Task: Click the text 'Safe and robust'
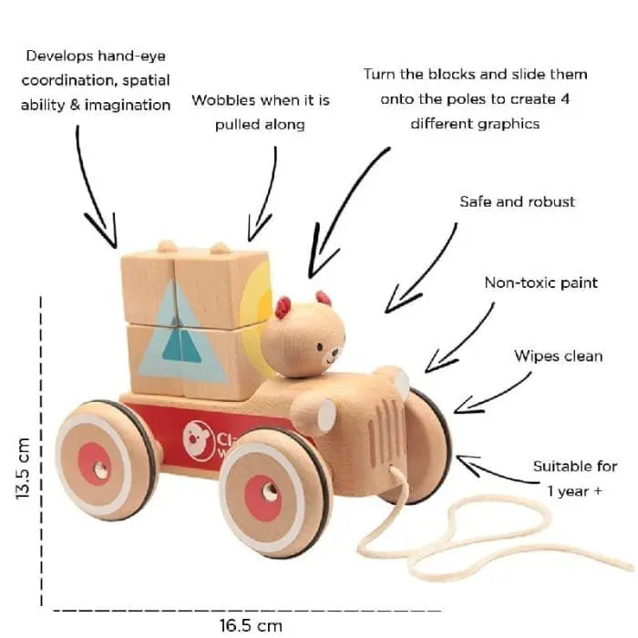[517, 201]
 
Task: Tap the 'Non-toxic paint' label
[540, 283]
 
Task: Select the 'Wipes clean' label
[558, 355]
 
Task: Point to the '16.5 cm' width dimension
[250, 625]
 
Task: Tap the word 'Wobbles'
[225, 101]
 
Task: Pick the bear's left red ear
[283, 307]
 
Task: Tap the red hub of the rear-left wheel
[94, 464]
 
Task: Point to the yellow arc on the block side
[258, 310]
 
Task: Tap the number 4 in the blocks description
[564, 98]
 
